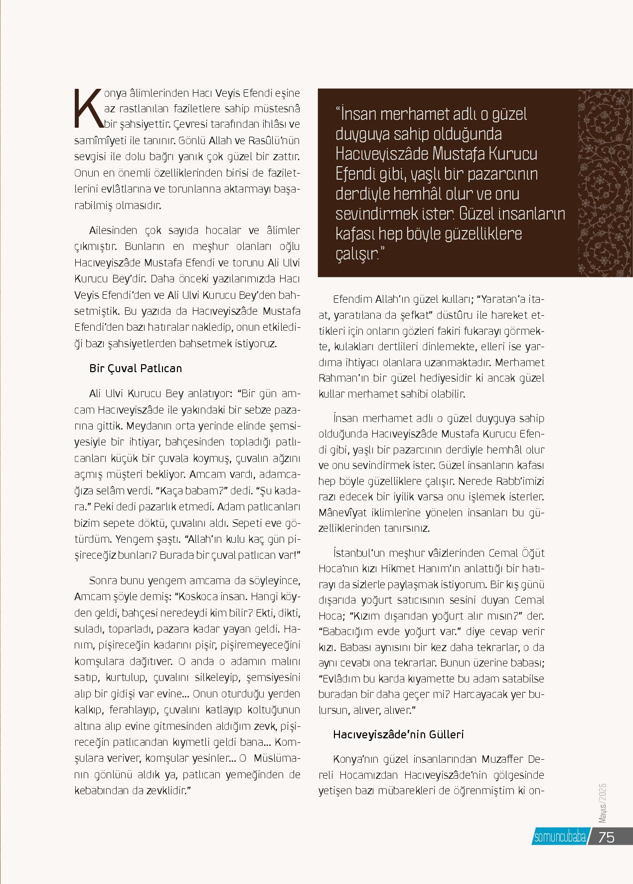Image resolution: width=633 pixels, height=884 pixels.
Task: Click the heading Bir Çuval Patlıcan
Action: [136, 368]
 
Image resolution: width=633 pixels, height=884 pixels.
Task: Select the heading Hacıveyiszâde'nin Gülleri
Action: [398, 734]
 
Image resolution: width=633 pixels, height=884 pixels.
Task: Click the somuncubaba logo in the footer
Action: [560, 838]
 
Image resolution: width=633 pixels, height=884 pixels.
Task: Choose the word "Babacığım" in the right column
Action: [349, 631]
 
